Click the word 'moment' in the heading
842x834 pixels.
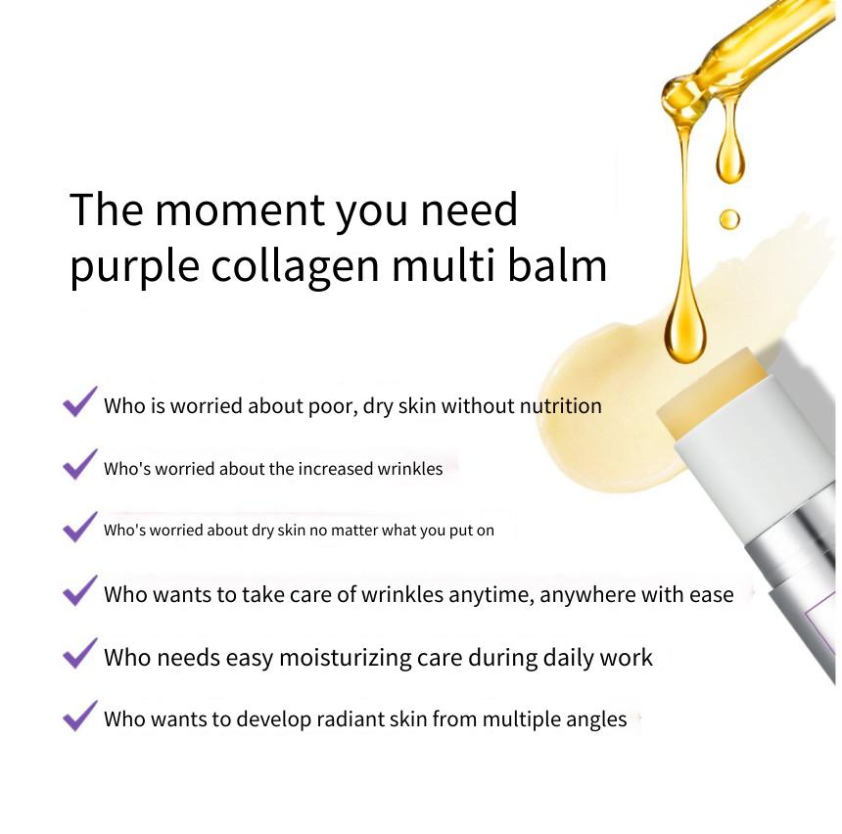click(240, 209)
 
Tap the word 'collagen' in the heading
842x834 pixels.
click(295, 267)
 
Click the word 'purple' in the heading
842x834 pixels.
click(135, 267)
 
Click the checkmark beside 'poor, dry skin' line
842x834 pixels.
click(80, 401)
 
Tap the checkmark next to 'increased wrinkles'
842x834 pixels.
click(80, 465)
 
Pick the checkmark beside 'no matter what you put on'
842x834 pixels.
click(80, 527)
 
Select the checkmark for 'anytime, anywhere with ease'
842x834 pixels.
click(80, 590)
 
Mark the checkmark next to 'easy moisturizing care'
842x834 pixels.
click(80, 654)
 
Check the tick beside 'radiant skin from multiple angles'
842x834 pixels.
click(80, 716)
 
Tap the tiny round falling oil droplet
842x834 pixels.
click(728, 219)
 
